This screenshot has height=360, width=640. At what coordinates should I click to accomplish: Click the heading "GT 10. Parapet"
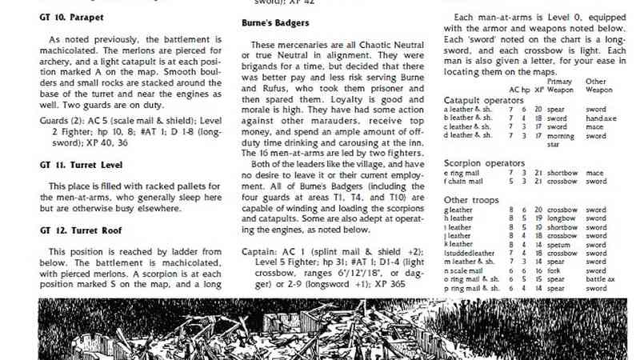coord(70,16)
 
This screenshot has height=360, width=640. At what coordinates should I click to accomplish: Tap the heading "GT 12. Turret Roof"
coord(77,228)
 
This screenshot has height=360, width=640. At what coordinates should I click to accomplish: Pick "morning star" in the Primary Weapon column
coord(558,141)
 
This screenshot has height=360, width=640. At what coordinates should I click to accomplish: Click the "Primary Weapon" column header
coord(558,86)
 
